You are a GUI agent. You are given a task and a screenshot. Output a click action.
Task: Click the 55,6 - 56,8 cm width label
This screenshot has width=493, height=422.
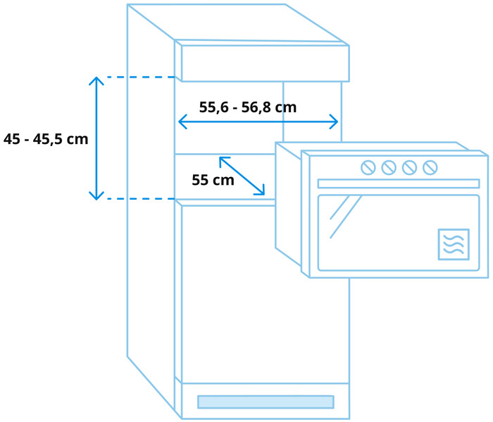coord(247,108)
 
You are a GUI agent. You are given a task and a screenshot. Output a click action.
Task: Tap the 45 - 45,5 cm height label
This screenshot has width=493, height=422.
coord(46,139)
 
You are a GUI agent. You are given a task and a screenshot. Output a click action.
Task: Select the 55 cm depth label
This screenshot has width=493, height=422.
coord(213,180)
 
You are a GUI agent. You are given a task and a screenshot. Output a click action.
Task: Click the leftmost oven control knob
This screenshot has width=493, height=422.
coord(368,167)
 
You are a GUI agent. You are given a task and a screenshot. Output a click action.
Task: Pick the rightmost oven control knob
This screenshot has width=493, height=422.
coord(430,167)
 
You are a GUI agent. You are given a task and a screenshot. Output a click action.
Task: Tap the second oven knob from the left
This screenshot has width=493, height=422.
coord(388,167)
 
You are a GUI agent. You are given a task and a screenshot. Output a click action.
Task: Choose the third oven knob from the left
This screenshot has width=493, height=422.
coord(409,167)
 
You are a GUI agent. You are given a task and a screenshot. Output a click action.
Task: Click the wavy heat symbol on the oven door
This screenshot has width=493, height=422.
coord(453,244)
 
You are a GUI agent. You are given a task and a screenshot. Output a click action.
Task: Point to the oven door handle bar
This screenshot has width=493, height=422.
coord(398,183)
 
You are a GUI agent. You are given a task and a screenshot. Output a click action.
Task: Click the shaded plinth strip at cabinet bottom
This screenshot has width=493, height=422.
coord(265,402)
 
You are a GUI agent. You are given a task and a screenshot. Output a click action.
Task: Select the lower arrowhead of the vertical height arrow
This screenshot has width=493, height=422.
coord(96,195)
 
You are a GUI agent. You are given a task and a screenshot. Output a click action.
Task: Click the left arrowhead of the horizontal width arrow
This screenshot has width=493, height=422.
coord(182,122)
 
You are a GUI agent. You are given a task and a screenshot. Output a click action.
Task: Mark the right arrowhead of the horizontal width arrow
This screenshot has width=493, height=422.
coord(335,122)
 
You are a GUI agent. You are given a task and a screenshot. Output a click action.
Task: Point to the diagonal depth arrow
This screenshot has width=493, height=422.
coord(242,176)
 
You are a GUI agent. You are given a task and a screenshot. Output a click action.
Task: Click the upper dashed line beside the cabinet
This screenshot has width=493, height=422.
coord(141,77)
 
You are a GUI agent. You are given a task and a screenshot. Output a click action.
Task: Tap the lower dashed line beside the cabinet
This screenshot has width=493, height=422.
coord(141,199)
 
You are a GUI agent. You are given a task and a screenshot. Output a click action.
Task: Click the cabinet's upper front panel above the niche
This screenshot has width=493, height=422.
coord(265,64)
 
